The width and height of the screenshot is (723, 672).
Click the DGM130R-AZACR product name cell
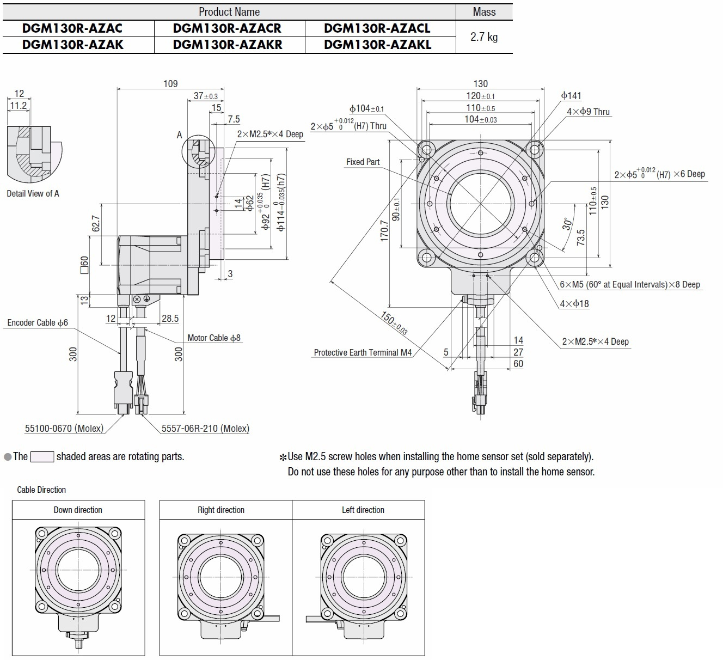(227, 28)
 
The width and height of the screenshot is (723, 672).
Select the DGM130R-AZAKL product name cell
(377, 45)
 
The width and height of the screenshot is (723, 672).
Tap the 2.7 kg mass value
(484, 37)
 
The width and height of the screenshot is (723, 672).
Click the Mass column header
(484, 11)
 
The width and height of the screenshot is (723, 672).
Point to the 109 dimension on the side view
(170, 83)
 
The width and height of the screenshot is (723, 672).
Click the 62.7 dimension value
(96, 224)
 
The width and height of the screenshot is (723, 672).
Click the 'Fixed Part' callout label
(363, 162)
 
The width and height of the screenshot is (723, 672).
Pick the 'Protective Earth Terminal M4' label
(363, 352)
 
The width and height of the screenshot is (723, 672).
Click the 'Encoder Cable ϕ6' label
(38, 322)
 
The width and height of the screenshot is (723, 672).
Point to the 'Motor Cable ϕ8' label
(214, 338)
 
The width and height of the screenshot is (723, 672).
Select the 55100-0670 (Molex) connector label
(64, 429)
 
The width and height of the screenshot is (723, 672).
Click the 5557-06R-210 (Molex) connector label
(205, 429)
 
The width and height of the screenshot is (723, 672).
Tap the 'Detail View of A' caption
(33, 193)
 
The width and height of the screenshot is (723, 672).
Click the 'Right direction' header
(221, 510)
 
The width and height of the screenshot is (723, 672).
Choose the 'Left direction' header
(363, 510)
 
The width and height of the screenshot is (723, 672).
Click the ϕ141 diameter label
(571, 96)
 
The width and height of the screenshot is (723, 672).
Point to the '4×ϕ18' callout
(574, 303)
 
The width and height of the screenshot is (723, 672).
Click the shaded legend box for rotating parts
(42, 457)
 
